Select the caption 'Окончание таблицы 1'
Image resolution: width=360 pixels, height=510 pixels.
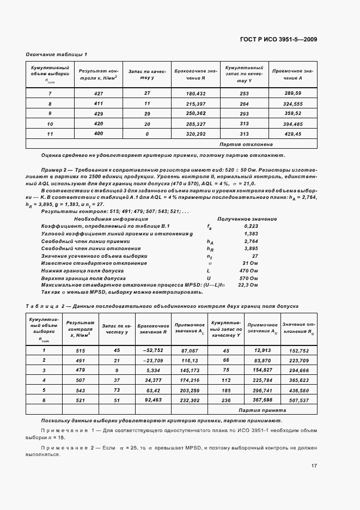click(x=57, y=54)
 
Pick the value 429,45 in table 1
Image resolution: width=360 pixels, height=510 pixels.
click(x=293, y=133)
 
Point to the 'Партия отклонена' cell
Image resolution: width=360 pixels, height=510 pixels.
click(x=253, y=144)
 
